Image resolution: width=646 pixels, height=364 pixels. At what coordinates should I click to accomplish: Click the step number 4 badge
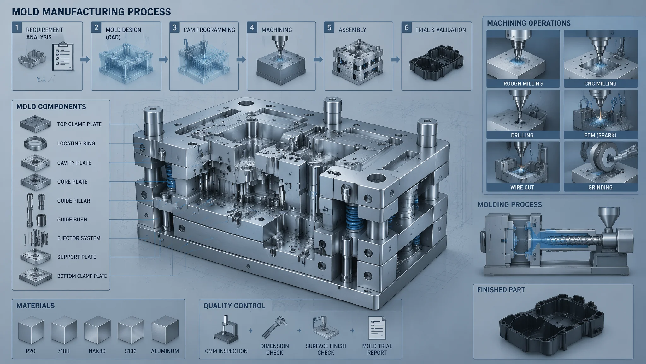(x=252, y=27)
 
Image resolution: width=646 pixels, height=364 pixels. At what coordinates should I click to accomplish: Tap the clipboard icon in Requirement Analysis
(x=63, y=57)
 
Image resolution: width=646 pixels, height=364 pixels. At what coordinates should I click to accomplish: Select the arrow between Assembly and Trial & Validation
(x=396, y=59)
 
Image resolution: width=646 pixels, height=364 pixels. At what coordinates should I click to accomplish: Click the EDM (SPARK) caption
(x=600, y=135)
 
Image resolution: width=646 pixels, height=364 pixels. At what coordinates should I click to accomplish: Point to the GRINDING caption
(x=600, y=187)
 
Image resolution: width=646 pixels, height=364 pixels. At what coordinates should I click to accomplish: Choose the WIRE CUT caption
(x=522, y=187)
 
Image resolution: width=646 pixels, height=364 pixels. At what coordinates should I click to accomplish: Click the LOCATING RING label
(x=76, y=143)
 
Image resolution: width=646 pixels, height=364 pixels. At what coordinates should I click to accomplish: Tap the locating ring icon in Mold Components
(x=35, y=143)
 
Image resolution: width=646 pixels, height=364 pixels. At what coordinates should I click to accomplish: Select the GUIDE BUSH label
(x=72, y=220)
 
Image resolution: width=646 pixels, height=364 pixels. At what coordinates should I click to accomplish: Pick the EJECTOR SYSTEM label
(x=79, y=238)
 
